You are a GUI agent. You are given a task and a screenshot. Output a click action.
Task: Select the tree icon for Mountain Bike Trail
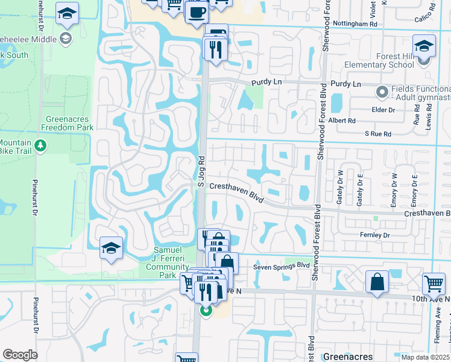pos(40,145)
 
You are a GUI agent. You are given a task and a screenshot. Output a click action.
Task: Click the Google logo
pos(20,355)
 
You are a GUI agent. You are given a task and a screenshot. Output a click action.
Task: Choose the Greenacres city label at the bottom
pos(350,356)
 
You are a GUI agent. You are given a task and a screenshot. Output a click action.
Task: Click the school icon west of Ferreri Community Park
pos(111,247)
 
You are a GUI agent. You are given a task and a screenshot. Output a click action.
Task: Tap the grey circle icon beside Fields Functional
pos(381,92)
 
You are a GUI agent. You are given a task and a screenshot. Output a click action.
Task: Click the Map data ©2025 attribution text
pos(425,357)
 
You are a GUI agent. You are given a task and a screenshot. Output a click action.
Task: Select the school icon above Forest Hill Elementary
pos(424,46)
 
